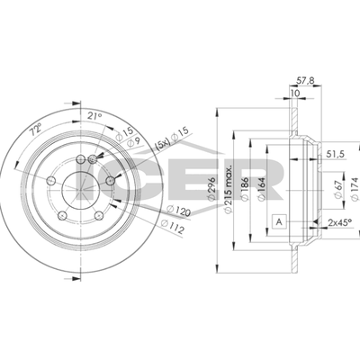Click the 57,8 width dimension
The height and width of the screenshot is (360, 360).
click(305, 80)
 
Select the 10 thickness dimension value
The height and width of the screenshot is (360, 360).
click(295, 94)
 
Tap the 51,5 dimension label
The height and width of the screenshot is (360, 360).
click(335, 154)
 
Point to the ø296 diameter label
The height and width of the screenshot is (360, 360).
click(211, 189)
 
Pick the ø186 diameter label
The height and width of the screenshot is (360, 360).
click(245, 189)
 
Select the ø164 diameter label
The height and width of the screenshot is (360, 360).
click(262, 189)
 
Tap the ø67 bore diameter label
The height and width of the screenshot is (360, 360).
click(338, 190)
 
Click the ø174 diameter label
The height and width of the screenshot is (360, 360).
click(355, 189)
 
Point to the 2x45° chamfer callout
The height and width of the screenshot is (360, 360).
click(339, 222)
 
